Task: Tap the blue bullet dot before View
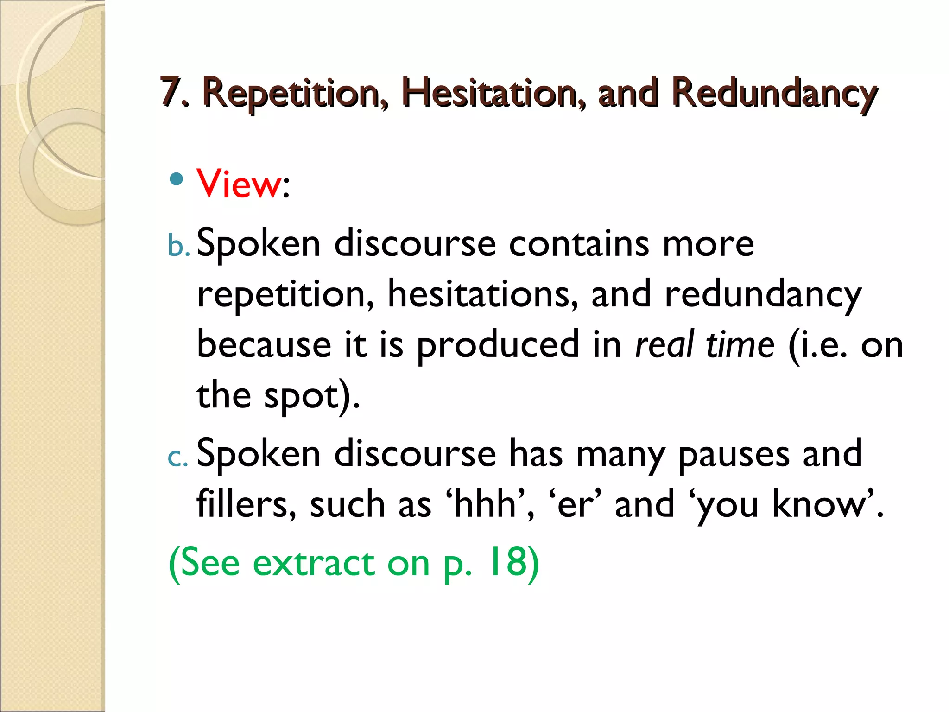(176, 179)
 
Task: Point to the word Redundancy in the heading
(774, 93)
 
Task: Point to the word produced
(497, 345)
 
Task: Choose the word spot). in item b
(312, 396)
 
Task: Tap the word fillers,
(246, 504)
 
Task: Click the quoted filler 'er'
(575, 504)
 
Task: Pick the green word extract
(314, 563)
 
